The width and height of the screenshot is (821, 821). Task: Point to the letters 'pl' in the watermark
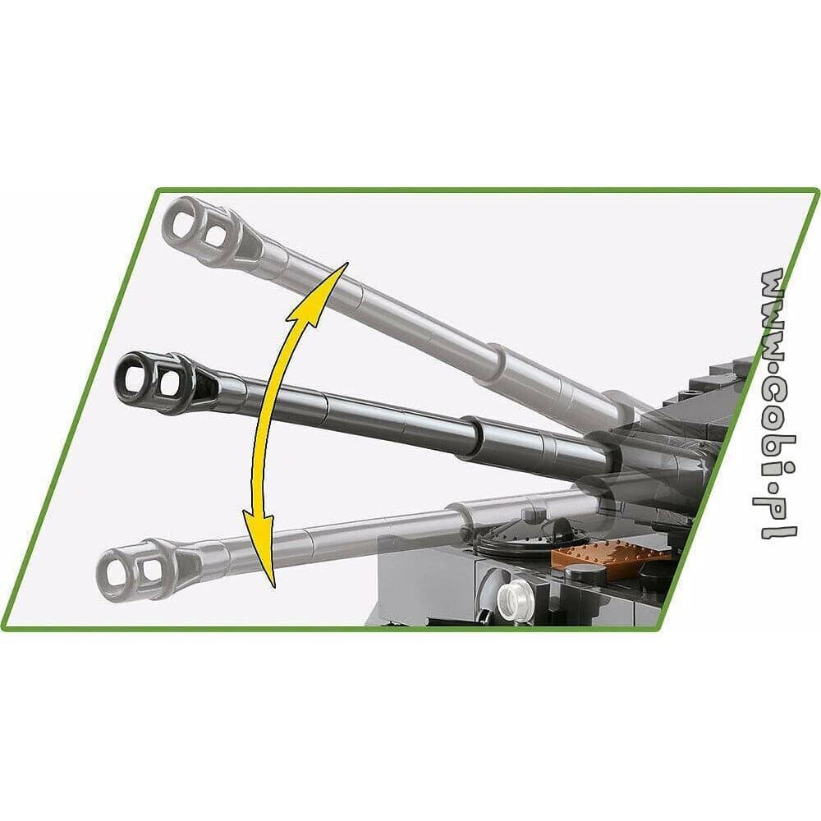click(x=777, y=516)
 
